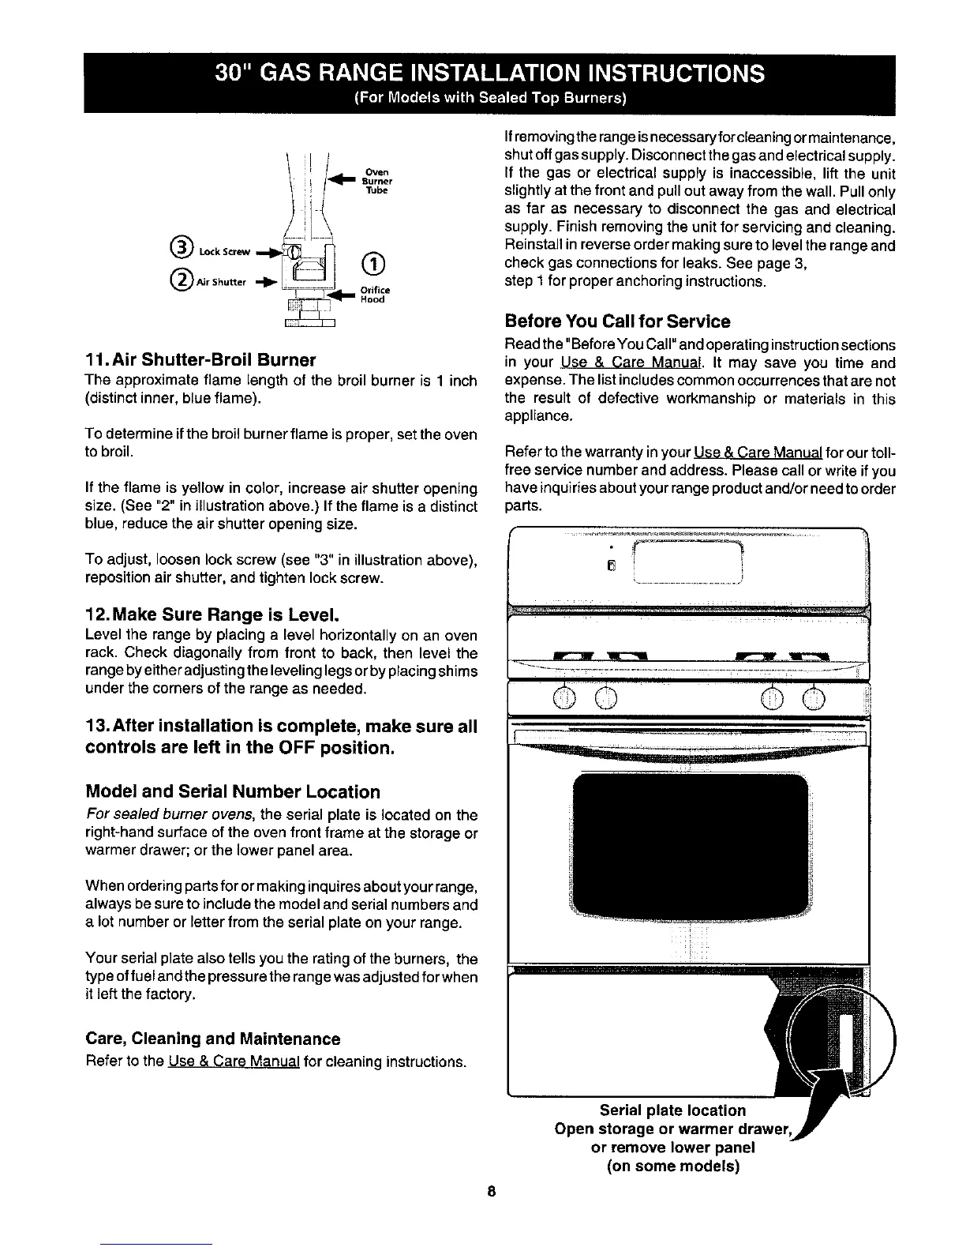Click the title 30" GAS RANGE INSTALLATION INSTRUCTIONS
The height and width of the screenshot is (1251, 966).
coord(489,73)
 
